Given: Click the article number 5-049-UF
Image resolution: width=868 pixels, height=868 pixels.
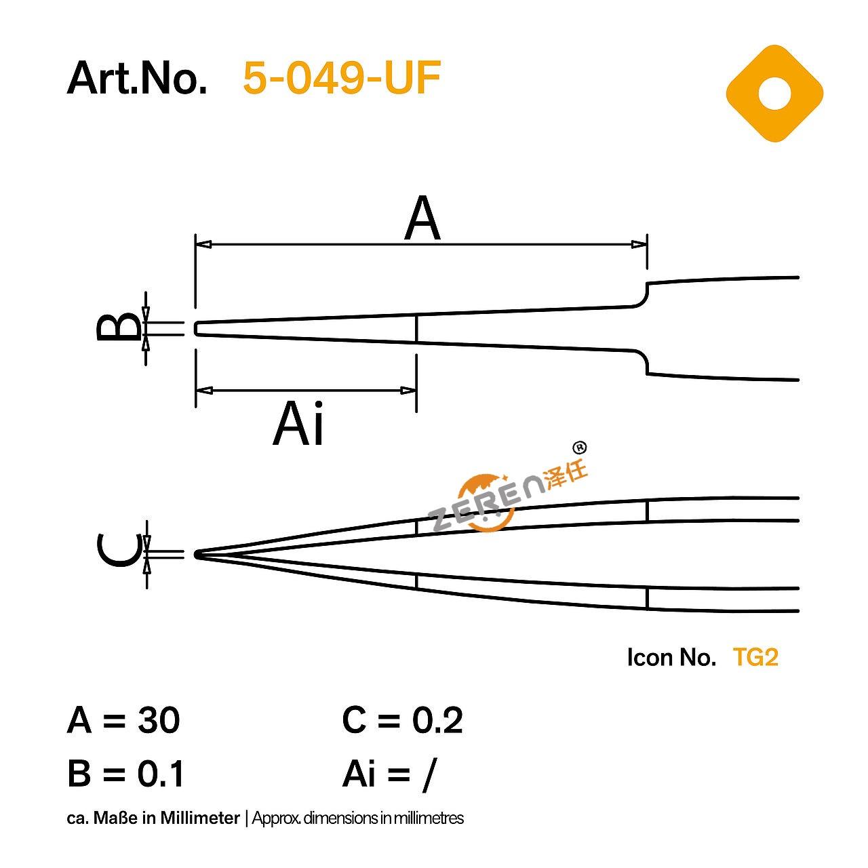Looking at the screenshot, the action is click(341, 78).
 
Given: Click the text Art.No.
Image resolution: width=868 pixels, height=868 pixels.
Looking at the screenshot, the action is click(137, 78).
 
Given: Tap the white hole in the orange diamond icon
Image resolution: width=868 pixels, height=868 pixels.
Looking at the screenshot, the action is click(774, 93).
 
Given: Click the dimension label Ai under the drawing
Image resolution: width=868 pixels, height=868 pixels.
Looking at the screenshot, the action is click(298, 424).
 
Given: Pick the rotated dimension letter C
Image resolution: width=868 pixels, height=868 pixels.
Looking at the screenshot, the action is click(118, 550).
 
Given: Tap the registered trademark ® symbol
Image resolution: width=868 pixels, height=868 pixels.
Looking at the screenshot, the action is click(579, 448).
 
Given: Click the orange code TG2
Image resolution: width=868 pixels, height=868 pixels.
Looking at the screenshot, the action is click(755, 657).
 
